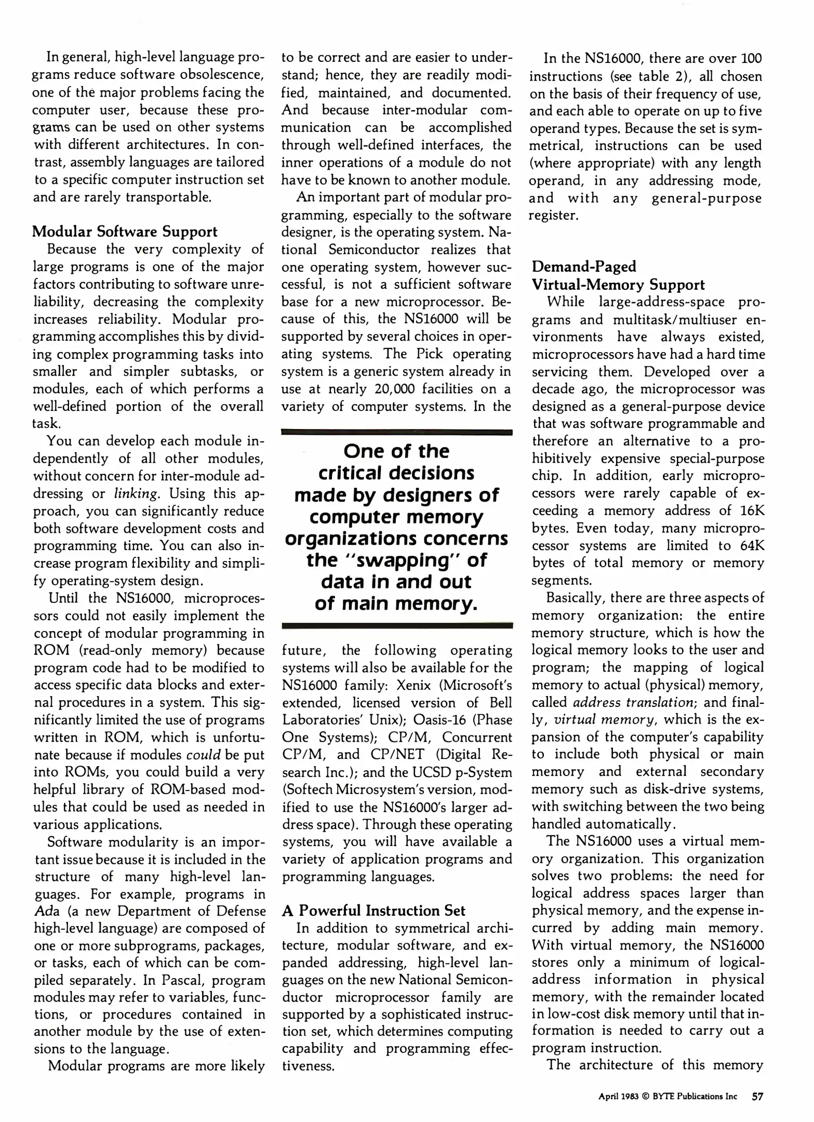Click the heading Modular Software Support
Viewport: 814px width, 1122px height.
click(125, 232)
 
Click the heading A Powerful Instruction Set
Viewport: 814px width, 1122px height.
click(373, 911)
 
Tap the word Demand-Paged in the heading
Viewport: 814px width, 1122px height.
click(584, 266)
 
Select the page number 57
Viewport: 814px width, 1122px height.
click(757, 1097)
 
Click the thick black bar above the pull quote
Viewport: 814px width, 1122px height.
click(397, 432)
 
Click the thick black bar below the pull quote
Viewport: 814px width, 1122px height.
click(397, 626)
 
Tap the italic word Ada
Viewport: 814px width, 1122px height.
click(45, 911)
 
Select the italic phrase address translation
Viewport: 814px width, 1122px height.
click(634, 702)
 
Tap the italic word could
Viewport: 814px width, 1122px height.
click(207, 755)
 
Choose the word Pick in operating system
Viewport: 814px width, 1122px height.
click(429, 354)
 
